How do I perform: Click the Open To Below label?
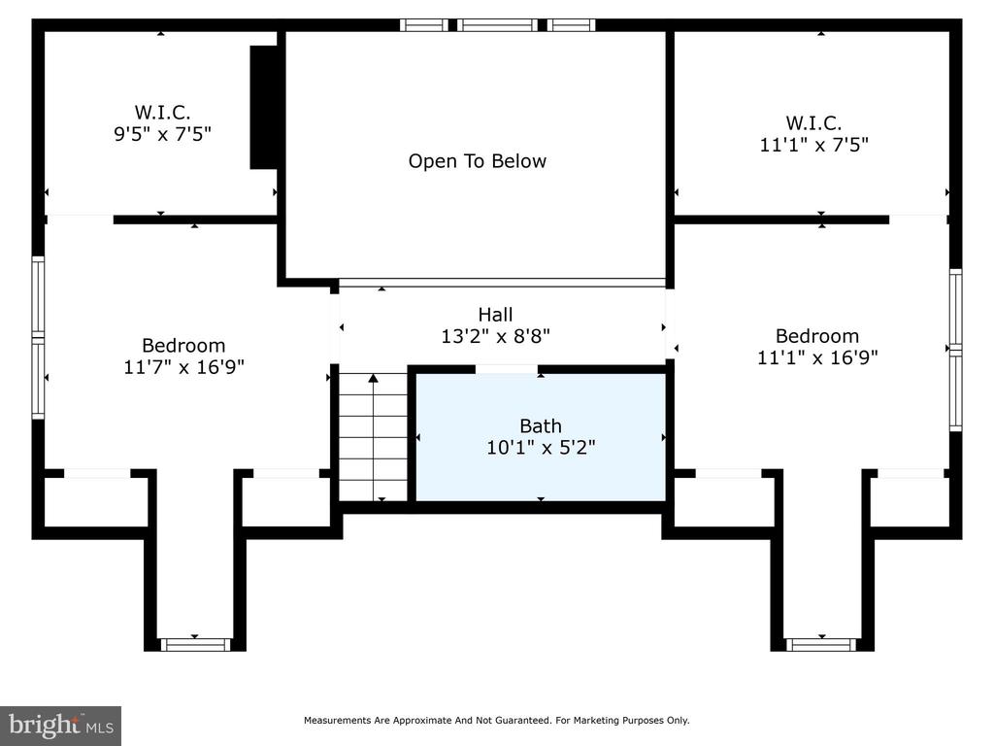477,161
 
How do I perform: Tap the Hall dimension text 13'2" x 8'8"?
495,336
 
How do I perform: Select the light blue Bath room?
540,437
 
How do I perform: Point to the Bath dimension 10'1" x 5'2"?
541,448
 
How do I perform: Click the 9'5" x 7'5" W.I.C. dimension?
162,134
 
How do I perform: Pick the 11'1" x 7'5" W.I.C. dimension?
814,145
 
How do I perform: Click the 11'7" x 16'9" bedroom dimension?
183,367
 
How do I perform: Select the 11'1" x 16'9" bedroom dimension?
817,357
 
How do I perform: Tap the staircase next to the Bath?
374,437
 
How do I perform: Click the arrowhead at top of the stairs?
374,378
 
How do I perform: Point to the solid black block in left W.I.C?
264,107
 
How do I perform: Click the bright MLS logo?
61,726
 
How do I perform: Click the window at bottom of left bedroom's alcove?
194,645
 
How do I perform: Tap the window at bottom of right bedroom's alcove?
821,645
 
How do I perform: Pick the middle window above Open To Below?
497,25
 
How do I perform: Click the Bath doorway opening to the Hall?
507,369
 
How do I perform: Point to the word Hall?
495,315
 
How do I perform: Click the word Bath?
541,426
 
